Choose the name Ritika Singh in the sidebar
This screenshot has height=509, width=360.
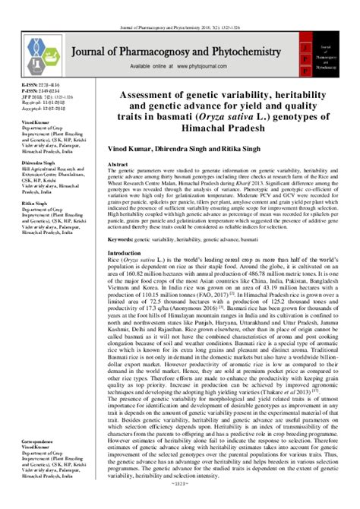pos(35,203)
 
